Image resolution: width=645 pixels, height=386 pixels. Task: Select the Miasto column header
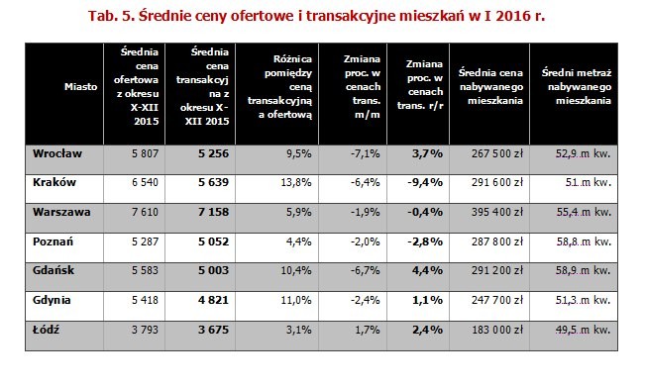80,87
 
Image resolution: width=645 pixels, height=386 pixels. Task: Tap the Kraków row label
53,182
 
